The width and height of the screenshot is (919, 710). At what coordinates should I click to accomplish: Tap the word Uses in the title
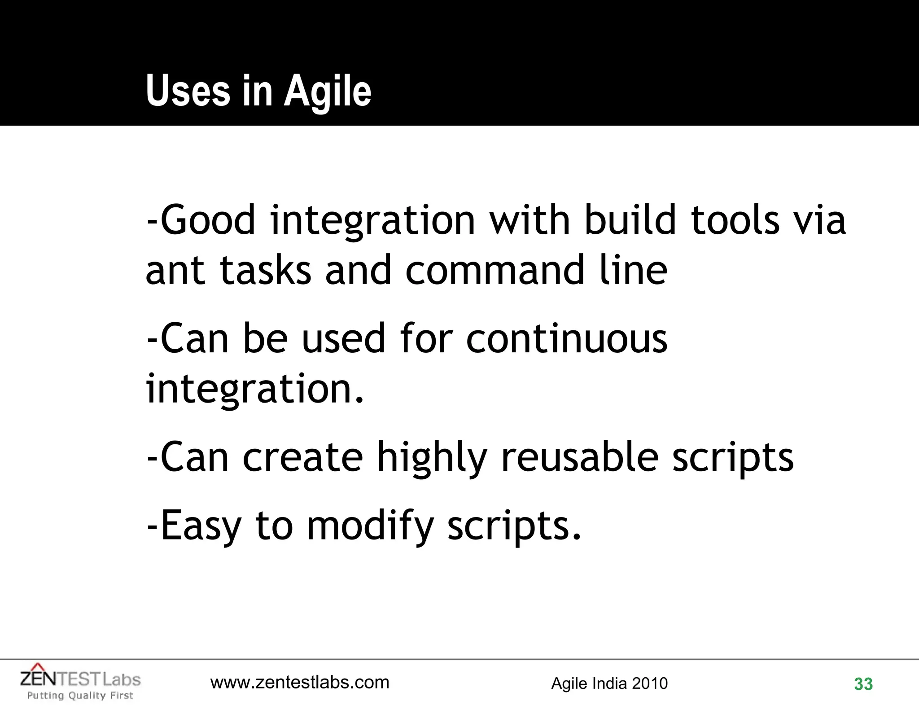188,91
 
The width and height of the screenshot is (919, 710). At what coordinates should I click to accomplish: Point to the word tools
735,220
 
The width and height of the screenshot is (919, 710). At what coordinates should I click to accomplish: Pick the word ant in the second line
175,271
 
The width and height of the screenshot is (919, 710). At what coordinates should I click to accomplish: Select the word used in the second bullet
343,338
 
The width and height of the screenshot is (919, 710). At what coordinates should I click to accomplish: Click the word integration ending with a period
254,389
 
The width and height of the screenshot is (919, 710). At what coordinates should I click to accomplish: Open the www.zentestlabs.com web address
300,683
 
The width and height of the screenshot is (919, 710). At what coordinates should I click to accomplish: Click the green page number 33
863,684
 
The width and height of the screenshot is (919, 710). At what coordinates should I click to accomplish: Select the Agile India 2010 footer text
609,684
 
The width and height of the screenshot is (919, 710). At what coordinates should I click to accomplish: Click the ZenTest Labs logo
80,678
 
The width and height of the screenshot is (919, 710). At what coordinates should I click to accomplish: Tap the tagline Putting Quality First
80,696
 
